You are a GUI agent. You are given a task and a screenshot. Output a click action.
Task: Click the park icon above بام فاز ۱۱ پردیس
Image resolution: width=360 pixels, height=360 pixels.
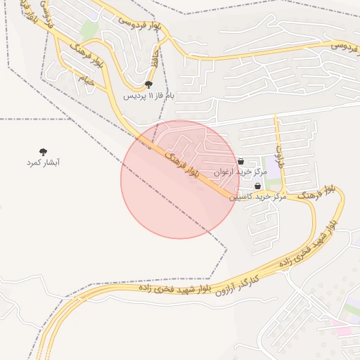click(x=148, y=84)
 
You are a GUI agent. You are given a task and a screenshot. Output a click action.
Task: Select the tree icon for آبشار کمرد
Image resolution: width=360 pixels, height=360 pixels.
click(x=43, y=151)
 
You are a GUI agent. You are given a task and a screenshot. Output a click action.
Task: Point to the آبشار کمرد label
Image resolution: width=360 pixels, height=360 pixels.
click(x=43, y=162)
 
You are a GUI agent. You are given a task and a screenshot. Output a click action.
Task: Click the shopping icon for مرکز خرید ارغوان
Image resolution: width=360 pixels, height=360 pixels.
click(x=240, y=161)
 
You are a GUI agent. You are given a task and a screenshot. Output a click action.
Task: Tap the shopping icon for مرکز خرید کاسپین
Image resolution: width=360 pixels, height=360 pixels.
click(x=257, y=186)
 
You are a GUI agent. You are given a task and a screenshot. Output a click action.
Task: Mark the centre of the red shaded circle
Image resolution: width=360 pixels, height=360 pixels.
click(x=180, y=179)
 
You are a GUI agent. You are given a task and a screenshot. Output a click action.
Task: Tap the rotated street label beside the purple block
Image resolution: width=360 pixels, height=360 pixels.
click(x=279, y=154)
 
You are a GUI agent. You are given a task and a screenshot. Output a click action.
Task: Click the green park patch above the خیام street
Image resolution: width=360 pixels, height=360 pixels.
click(x=89, y=31)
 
